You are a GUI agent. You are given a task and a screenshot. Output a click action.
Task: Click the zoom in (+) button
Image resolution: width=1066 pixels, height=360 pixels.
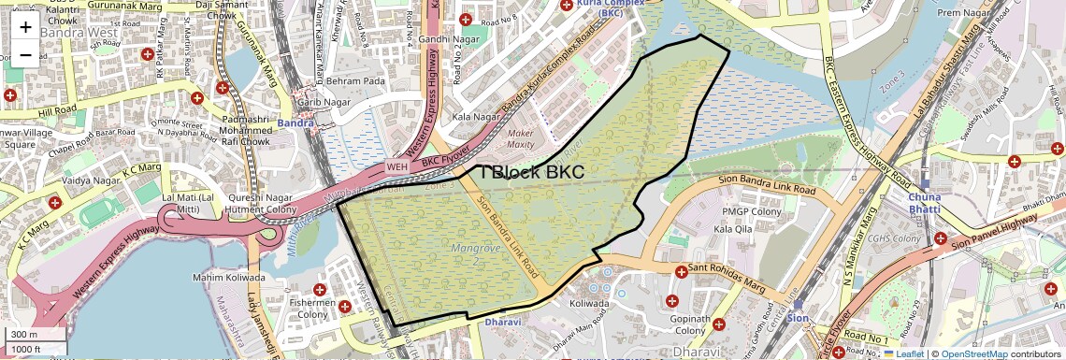coord(25,26)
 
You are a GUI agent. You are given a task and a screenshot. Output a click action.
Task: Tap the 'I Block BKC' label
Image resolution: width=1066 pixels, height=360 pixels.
coord(532,172)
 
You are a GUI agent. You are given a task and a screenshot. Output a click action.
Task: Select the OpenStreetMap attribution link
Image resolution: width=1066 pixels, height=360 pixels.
coord(974,353)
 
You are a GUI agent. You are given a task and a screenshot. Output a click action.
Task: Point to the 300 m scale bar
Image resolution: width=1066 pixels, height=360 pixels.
coord(36,335)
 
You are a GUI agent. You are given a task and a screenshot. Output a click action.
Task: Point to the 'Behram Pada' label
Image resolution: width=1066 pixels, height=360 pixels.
coord(354,81)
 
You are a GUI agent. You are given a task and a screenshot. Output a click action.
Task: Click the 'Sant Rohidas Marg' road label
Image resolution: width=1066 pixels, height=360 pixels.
coord(730,269)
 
